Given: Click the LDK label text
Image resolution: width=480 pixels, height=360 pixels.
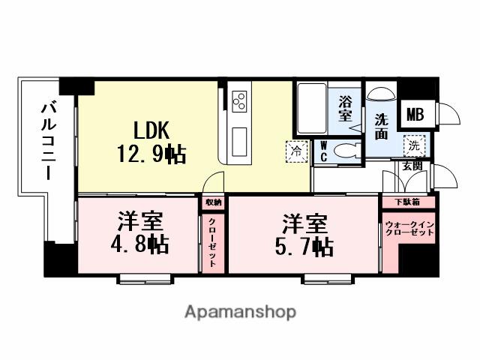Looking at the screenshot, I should (x=155, y=130).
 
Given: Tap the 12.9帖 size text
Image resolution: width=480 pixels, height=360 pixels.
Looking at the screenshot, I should (x=151, y=155).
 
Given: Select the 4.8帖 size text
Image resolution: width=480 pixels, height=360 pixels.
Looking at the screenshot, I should (x=142, y=244).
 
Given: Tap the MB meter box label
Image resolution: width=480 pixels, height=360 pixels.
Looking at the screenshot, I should (x=414, y=115).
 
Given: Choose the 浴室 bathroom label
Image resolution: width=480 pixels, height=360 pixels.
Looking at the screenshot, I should (x=345, y=108).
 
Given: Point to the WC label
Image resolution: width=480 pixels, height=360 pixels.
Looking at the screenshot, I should (x=324, y=151).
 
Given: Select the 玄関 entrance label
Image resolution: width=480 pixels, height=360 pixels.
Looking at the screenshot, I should (x=412, y=165).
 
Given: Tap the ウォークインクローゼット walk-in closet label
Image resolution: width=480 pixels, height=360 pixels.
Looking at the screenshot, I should (x=409, y=229).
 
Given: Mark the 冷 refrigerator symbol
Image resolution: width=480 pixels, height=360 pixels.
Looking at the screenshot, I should (x=298, y=151).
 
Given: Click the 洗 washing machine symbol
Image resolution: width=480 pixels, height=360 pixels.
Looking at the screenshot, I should (x=413, y=145).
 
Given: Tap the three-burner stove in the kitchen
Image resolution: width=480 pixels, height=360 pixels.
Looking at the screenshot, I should (x=240, y=101).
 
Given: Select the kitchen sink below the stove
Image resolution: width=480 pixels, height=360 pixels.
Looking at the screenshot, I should (x=240, y=140).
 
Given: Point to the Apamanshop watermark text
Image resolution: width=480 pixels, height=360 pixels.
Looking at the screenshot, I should (x=239, y=311).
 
